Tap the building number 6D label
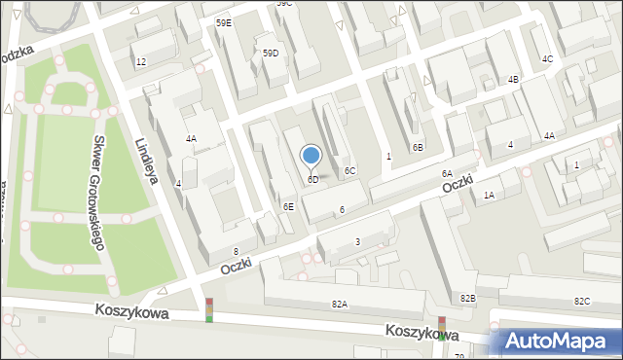[x=313, y=180]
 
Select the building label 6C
[x=349, y=171]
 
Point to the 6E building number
[x=288, y=206]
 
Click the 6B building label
[x=417, y=148]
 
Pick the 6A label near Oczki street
[x=446, y=173]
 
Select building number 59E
[x=224, y=22]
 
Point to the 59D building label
[x=271, y=54]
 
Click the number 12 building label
[x=141, y=62]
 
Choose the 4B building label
[x=513, y=80]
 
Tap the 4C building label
[x=547, y=59]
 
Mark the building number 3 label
[x=357, y=241]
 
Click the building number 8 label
[x=236, y=252]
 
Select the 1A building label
[x=489, y=196]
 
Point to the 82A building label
[x=339, y=305]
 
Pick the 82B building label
[x=468, y=298]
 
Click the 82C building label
[x=582, y=301]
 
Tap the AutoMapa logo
[x=556, y=341]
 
